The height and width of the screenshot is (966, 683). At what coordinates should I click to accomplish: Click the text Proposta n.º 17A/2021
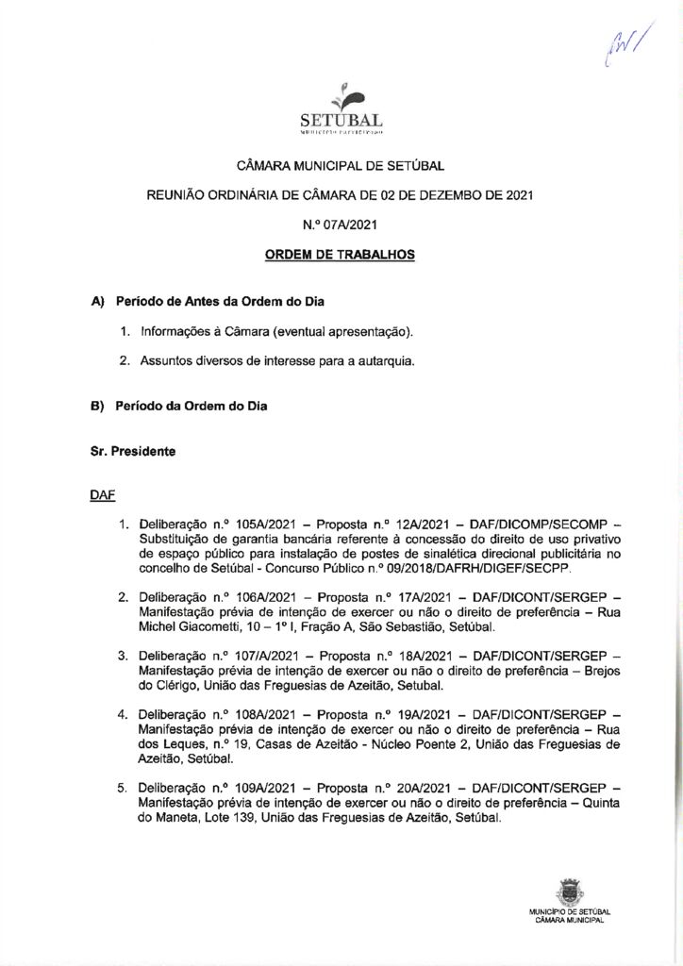377,597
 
